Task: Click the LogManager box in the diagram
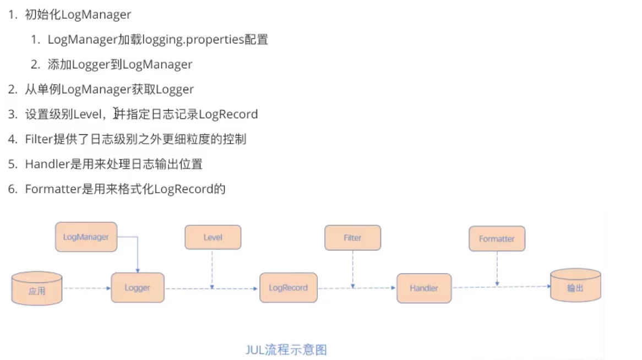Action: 86,237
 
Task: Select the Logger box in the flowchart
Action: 137,287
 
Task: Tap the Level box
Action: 213,237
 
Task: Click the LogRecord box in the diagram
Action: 288,287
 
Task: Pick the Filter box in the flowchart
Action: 352,238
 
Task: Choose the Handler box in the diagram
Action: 424,288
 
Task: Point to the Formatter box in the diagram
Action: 497,239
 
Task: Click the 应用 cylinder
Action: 37,290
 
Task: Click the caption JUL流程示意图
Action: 286,350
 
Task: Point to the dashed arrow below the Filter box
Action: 352,268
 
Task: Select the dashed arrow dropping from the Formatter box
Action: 497,268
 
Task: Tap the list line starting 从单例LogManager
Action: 109,89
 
